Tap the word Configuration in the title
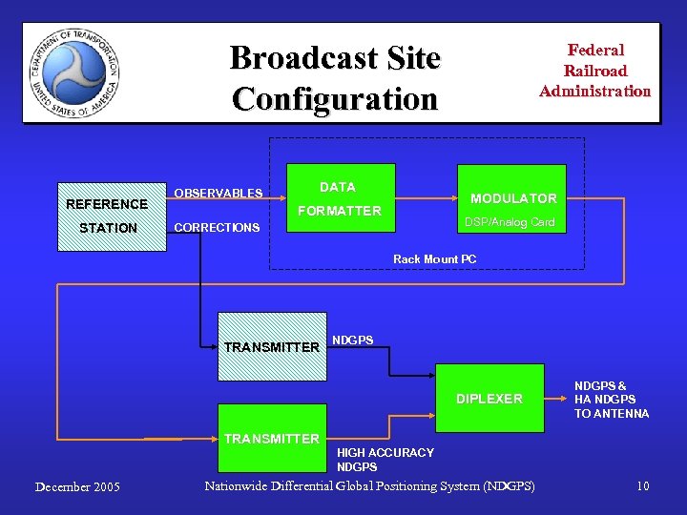(334, 97)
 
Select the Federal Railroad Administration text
(594, 71)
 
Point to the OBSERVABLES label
(218, 194)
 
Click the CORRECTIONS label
(216, 228)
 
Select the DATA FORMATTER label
(338, 199)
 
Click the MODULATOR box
(512, 198)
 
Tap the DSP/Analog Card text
(509, 222)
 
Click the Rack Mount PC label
(434, 259)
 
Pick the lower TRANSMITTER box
(271, 440)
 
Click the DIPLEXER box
(489, 399)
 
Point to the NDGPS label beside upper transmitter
(352, 340)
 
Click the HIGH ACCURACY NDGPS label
(385, 460)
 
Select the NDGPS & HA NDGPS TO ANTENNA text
(611, 400)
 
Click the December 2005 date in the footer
(77, 487)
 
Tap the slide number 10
(643, 486)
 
